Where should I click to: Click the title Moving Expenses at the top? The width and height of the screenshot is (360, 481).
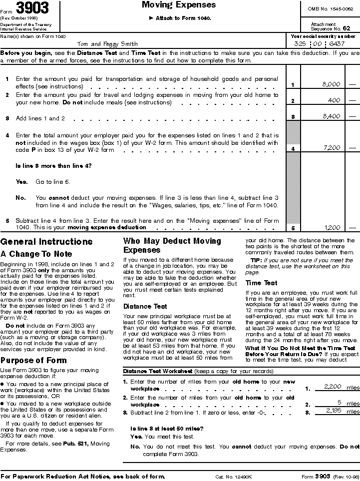(179, 5)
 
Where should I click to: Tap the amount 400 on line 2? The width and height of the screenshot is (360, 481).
(334, 100)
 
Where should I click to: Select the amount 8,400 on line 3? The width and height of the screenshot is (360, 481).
(332, 116)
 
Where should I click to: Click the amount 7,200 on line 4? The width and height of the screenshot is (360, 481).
(332, 148)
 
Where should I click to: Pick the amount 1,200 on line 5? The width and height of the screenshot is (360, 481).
(332, 228)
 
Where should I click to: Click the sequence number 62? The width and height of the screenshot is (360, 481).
(346, 28)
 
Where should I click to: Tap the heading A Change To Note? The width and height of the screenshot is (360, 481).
(36, 254)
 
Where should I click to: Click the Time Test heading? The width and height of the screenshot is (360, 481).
(261, 283)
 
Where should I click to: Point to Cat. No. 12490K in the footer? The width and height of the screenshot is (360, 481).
(233, 477)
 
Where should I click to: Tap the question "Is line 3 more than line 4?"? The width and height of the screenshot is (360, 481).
(53, 165)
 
